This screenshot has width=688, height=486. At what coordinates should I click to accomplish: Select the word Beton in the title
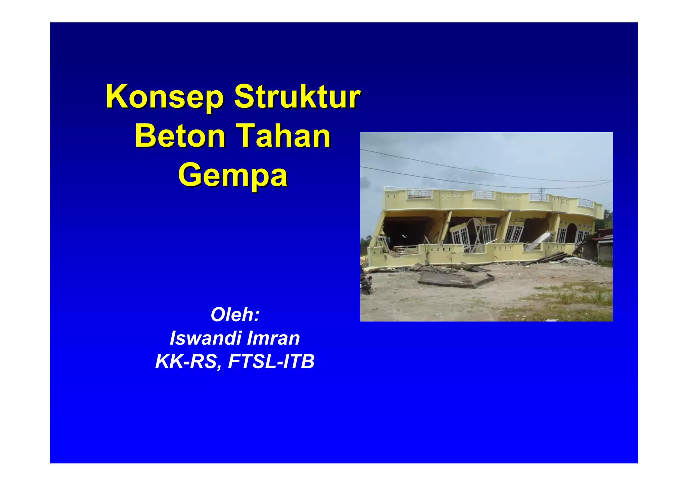tap(180, 136)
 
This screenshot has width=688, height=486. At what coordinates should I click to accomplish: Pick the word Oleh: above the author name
tap(235, 315)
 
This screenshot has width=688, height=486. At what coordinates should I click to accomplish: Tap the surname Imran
tap(273, 338)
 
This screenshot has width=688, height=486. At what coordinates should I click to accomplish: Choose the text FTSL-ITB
tap(271, 361)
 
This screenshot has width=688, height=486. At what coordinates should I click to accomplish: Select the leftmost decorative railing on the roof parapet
tap(419, 194)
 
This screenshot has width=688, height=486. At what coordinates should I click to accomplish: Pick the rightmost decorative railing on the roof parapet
tap(585, 202)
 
